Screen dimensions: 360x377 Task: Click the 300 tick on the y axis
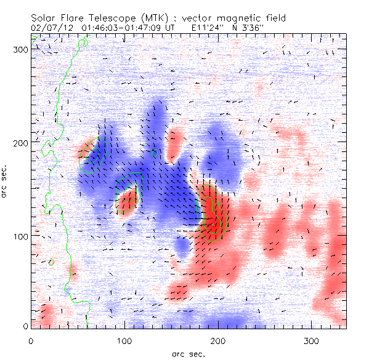[20, 49]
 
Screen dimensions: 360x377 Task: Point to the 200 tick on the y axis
[20, 143]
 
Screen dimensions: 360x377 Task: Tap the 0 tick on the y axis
[25, 327]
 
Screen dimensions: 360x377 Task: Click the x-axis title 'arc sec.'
[188, 354]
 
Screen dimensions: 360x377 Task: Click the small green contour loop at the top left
[84, 42]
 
